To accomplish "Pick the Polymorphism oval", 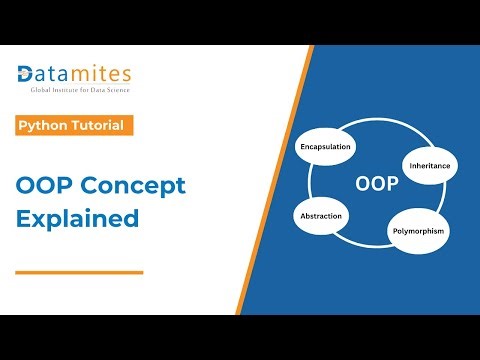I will [x=417, y=231].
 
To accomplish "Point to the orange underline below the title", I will [x=80, y=271].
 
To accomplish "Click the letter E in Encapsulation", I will [x=303, y=147].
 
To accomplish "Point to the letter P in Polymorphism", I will [x=391, y=231].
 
